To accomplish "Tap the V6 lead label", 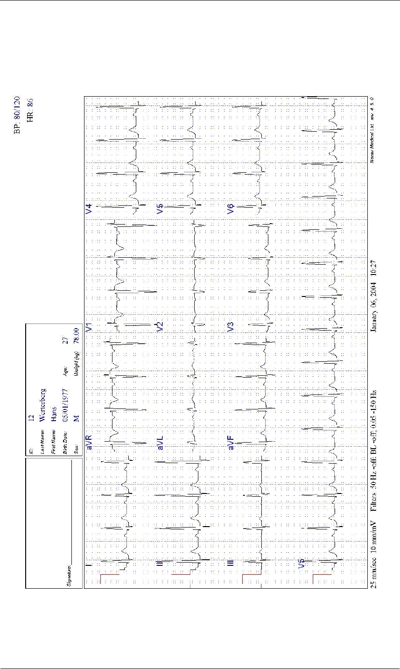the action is point(231,210).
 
